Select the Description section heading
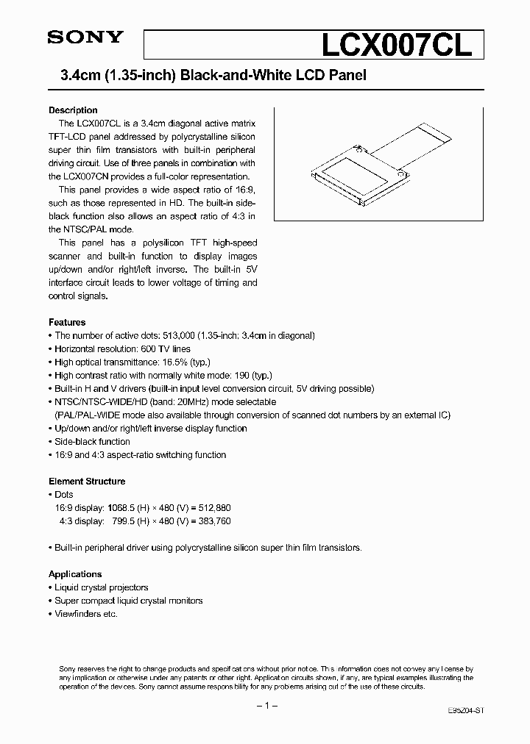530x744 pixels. [x=73, y=110]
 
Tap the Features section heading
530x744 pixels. [x=67, y=322]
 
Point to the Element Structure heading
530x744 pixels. [x=87, y=482]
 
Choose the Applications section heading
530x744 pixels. [x=75, y=574]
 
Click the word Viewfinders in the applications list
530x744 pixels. [x=77, y=614]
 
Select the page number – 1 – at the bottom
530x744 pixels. [x=265, y=706]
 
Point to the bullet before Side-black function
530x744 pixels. [x=51, y=442]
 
